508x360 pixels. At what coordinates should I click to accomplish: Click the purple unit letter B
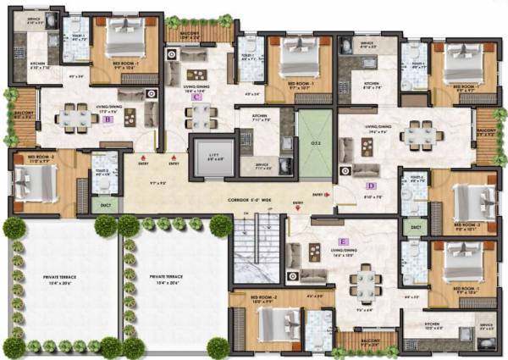[108, 120]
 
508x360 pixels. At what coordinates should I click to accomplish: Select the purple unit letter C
[196, 97]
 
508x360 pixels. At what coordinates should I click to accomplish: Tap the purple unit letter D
[370, 186]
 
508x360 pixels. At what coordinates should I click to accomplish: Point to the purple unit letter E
[342, 218]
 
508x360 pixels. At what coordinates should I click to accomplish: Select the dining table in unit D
[420, 134]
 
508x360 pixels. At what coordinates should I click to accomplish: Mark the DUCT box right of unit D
[415, 227]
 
